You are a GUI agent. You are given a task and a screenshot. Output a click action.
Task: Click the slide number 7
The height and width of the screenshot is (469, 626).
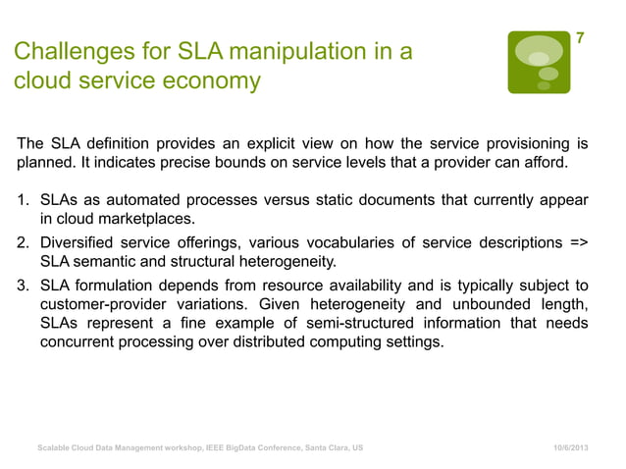coord(580,38)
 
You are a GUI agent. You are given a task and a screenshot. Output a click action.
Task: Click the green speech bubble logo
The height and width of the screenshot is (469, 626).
coord(538,62)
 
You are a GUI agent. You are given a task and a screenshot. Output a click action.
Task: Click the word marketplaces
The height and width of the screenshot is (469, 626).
coord(145,219)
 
